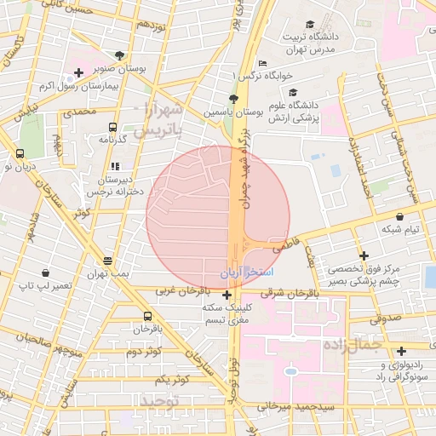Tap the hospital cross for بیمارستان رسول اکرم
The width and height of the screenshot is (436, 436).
point(78,73)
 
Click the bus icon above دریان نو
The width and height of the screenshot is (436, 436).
point(20,154)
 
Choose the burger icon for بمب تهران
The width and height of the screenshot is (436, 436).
point(108,261)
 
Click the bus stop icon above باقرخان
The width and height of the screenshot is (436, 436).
point(148,315)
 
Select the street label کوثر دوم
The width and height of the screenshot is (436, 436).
point(145,351)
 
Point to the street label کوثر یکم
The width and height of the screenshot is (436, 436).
point(158,378)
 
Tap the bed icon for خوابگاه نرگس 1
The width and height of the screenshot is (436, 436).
point(261,64)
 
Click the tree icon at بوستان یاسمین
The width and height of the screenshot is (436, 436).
point(234,99)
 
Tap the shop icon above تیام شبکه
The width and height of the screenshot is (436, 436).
point(400,217)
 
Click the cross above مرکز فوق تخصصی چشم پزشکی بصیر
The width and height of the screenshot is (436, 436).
point(364,255)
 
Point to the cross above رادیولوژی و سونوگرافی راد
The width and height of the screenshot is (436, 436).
point(401,350)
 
